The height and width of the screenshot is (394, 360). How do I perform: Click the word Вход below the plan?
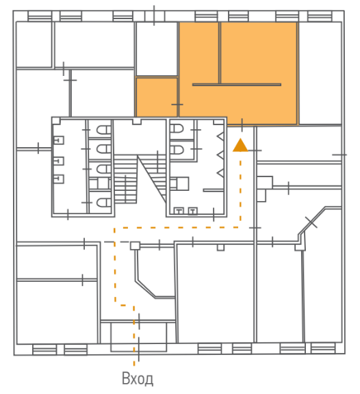[138, 378]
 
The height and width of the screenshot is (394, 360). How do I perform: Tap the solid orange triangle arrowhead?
[240, 145]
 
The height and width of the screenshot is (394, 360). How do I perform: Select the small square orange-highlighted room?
[157, 97]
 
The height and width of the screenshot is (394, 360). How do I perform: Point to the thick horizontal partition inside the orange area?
[237, 85]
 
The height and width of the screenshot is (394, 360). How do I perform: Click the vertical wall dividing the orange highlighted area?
[220, 53]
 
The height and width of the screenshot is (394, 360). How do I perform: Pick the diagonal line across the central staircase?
[151, 179]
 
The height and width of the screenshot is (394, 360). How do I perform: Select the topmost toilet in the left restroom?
[103, 130]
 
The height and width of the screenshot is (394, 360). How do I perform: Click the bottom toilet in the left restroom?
[103, 202]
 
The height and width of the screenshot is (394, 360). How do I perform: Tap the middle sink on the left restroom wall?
[59, 161]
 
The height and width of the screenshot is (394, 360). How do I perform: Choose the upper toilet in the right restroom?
[177, 129]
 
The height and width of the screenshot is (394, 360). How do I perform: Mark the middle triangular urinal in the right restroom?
[220, 155]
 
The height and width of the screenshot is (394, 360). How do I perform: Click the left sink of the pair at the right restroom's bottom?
[179, 211]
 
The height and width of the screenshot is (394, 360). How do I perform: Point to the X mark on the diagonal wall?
[311, 222]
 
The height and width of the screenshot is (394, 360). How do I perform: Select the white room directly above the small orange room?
[157, 49]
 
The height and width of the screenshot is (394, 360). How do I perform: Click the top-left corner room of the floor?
[34, 44]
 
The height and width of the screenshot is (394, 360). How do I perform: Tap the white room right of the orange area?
[320, 73]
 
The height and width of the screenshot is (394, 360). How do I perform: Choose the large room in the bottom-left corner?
[57, 313]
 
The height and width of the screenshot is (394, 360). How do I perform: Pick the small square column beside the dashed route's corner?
[135, 246]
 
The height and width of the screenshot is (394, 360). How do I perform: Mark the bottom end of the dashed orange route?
[134, 365]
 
